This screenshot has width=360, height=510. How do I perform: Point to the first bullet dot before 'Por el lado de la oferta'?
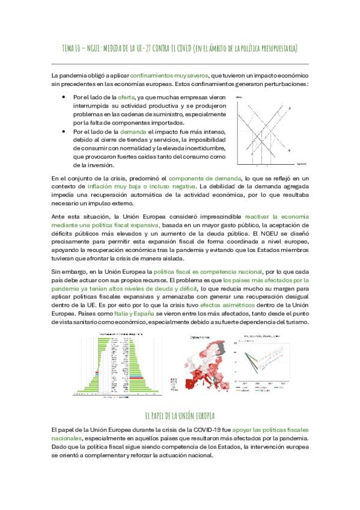click(64, 96)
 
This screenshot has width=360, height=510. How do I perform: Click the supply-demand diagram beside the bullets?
click(264, 131)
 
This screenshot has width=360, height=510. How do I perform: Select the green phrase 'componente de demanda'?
click(203, 178)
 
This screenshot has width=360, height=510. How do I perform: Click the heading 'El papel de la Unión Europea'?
click(180, 416)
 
